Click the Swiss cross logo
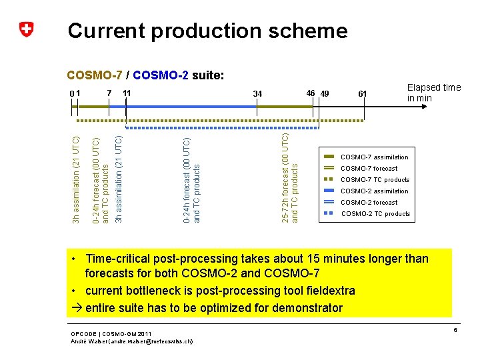click(x=26, y=30)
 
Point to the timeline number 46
click(x=310, y=92)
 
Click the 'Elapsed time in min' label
click(x=433, y=93)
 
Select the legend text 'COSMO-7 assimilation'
click(x=374, y=157)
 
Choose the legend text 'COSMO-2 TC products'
click(x=375, y=214)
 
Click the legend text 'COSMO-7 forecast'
click(x=369, y=169)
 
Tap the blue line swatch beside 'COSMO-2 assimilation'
click(x=328, y=191)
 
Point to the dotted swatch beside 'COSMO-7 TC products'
click(x=328, y=180)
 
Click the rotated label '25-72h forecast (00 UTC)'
click(x=285, y=178)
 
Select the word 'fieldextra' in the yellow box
click(x=329, y=291)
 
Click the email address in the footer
click(x=158, y=341)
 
